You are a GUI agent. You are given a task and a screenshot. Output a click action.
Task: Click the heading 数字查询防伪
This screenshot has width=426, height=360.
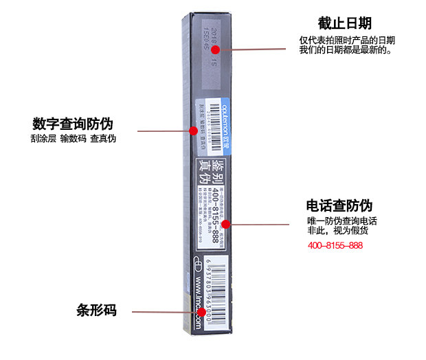click(73, 124)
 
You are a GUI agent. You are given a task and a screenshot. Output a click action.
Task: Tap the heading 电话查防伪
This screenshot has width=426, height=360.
click(339, 205)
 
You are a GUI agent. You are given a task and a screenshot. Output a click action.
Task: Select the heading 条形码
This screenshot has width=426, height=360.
click(96, 311)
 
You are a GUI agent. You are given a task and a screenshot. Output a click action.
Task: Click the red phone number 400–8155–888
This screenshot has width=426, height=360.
click(335, 245)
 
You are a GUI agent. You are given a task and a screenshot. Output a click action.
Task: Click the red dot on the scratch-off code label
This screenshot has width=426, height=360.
click(193, 129)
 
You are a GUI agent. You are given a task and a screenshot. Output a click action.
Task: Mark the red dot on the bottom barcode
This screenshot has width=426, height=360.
click(201, 312)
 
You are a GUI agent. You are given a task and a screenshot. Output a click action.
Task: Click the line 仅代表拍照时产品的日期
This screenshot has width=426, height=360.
click(347, 41)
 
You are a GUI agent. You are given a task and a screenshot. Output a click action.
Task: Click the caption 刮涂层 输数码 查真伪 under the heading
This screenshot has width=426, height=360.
click(73, 139)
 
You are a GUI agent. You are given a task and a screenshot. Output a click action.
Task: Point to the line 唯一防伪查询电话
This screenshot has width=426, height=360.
click(341, 221)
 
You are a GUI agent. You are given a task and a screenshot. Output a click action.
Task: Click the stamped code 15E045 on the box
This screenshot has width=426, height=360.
click(204, 41)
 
